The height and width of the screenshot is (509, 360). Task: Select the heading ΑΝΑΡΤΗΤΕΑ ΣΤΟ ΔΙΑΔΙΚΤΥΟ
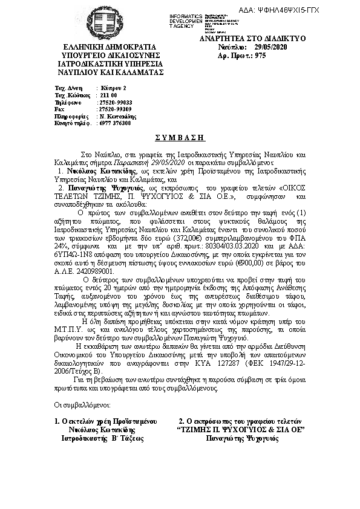[253, 38]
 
